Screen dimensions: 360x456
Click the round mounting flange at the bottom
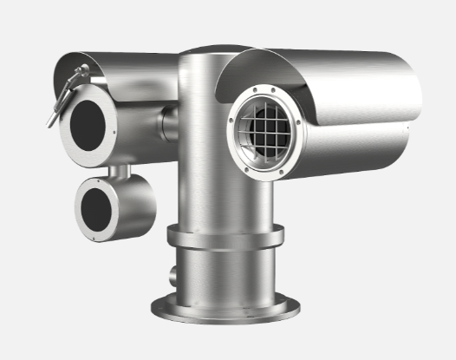[225, 306]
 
